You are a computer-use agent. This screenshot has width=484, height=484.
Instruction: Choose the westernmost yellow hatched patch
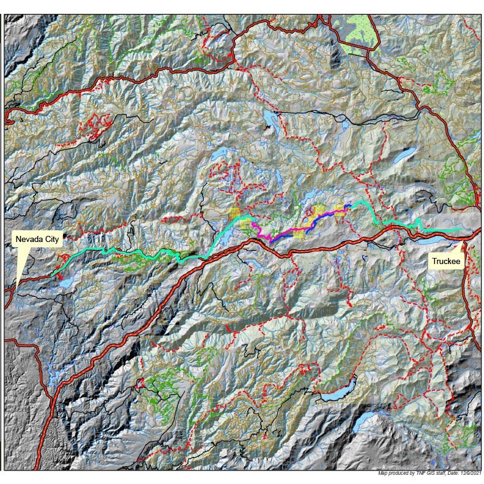click(233, 213)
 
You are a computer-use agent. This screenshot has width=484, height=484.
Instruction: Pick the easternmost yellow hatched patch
click(340, 210)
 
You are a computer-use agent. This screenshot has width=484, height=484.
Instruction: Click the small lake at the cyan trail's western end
click(64, 281)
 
